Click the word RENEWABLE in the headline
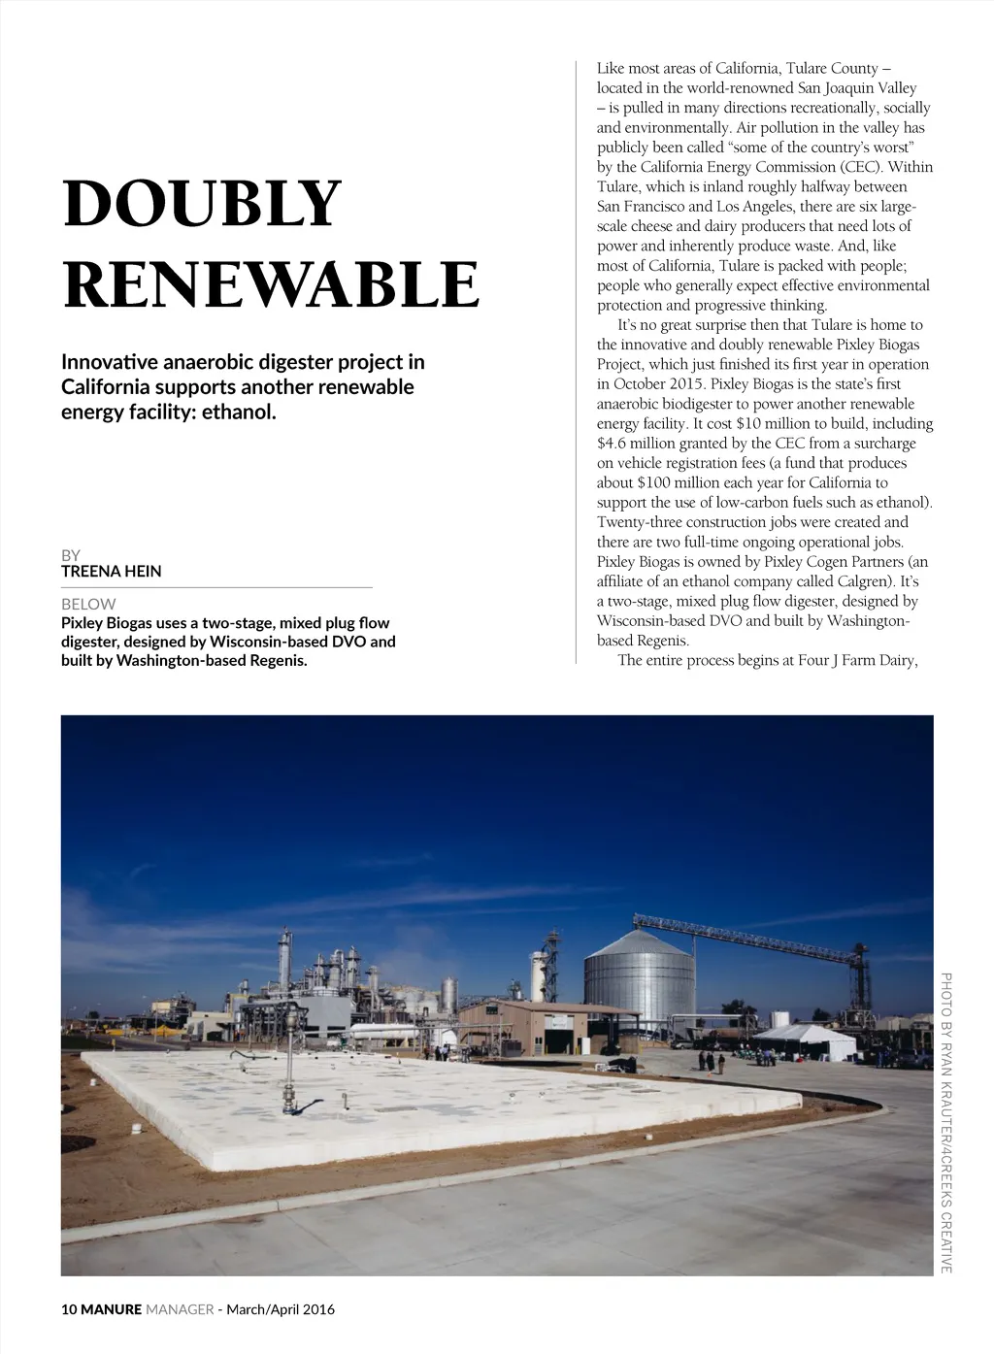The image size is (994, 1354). click(271, 284)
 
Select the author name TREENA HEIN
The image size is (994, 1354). click(111, 572)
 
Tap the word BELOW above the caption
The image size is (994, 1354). click(88, 604)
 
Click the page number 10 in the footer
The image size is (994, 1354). click(69, 1309)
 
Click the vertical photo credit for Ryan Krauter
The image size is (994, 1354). click(945, 1121)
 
